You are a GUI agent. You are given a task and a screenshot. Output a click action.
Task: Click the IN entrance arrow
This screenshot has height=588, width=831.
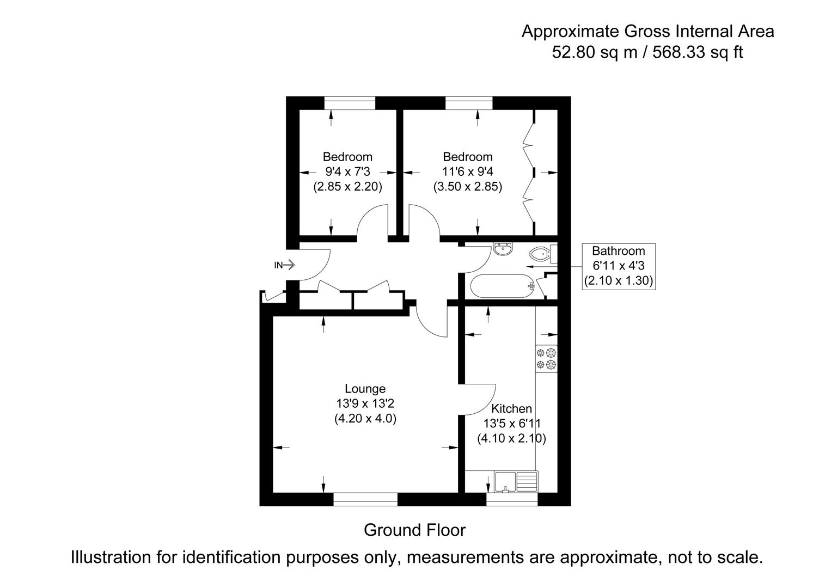coord(285,265)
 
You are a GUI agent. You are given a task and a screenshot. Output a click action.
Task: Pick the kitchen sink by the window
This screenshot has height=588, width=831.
coord(515,482)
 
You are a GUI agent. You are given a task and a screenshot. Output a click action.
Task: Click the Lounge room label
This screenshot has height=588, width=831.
coord(365,389)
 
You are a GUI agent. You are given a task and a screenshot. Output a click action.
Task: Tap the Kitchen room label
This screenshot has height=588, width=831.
coord(511,408)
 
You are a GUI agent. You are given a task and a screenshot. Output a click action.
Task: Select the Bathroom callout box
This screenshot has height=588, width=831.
coord(618,266)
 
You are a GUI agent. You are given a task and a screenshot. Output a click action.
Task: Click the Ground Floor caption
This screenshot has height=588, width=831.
coord(414,530)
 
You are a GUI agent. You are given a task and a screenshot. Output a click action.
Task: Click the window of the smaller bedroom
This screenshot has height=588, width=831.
coord(350,103)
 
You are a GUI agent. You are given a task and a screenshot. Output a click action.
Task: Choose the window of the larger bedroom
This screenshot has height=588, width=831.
coord(469,103)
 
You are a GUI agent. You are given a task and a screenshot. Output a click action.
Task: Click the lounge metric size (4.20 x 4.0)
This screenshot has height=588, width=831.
coord(365,419)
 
